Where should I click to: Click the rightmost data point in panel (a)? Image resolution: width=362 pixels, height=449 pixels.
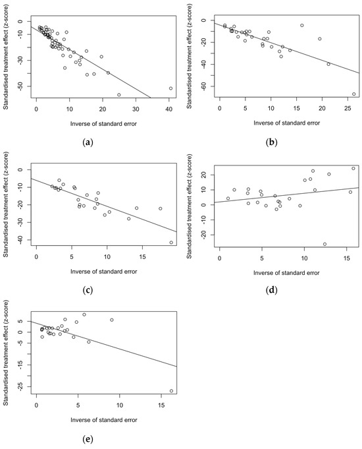click(170, 88)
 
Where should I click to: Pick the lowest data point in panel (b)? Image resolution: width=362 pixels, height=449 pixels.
click(353, 94)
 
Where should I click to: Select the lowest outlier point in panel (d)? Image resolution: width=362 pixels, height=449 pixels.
click(324, 244)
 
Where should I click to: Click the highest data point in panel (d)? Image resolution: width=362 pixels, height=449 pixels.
click(353, 168)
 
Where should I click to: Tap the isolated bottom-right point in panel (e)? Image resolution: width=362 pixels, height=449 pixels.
click(171, 391)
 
